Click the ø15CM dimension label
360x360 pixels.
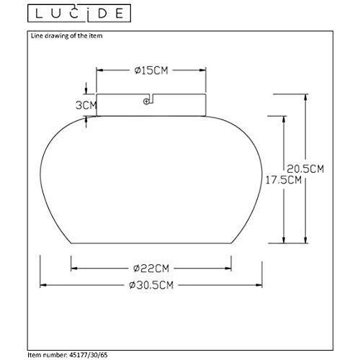[150, 70]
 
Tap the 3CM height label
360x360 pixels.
[86, 105]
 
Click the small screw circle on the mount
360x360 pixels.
[147, 102]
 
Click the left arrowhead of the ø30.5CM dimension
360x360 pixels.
[41, 284]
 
